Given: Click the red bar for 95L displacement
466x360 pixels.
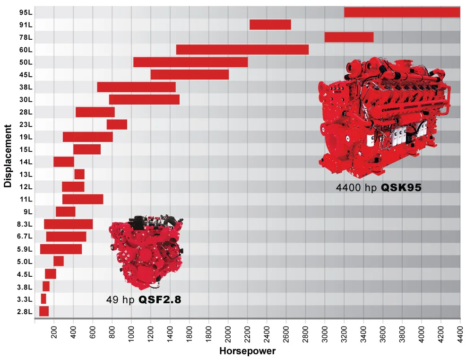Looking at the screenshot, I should pos(402,12).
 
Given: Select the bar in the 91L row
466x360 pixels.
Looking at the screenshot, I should pos(270,25).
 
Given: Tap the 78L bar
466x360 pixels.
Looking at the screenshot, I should pos(349,37).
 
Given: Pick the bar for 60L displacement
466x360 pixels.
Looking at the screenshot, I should pos(242,50).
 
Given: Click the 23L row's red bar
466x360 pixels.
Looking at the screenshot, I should pos(117,124).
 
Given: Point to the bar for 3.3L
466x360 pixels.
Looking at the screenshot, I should pos(43,299).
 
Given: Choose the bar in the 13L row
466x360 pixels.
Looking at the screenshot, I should pos(79,174).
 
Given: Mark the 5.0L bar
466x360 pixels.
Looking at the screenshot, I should pos(59,261).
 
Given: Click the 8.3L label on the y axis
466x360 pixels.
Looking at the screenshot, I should pos(25,224).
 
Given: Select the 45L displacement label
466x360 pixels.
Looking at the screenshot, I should pos(26,75).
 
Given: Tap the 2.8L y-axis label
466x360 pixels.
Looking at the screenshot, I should pos(25,311).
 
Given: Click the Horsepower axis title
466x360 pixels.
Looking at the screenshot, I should pos(247,351).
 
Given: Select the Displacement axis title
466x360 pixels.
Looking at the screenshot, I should pos(8,156).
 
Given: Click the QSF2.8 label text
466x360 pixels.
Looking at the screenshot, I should pos(160,299).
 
